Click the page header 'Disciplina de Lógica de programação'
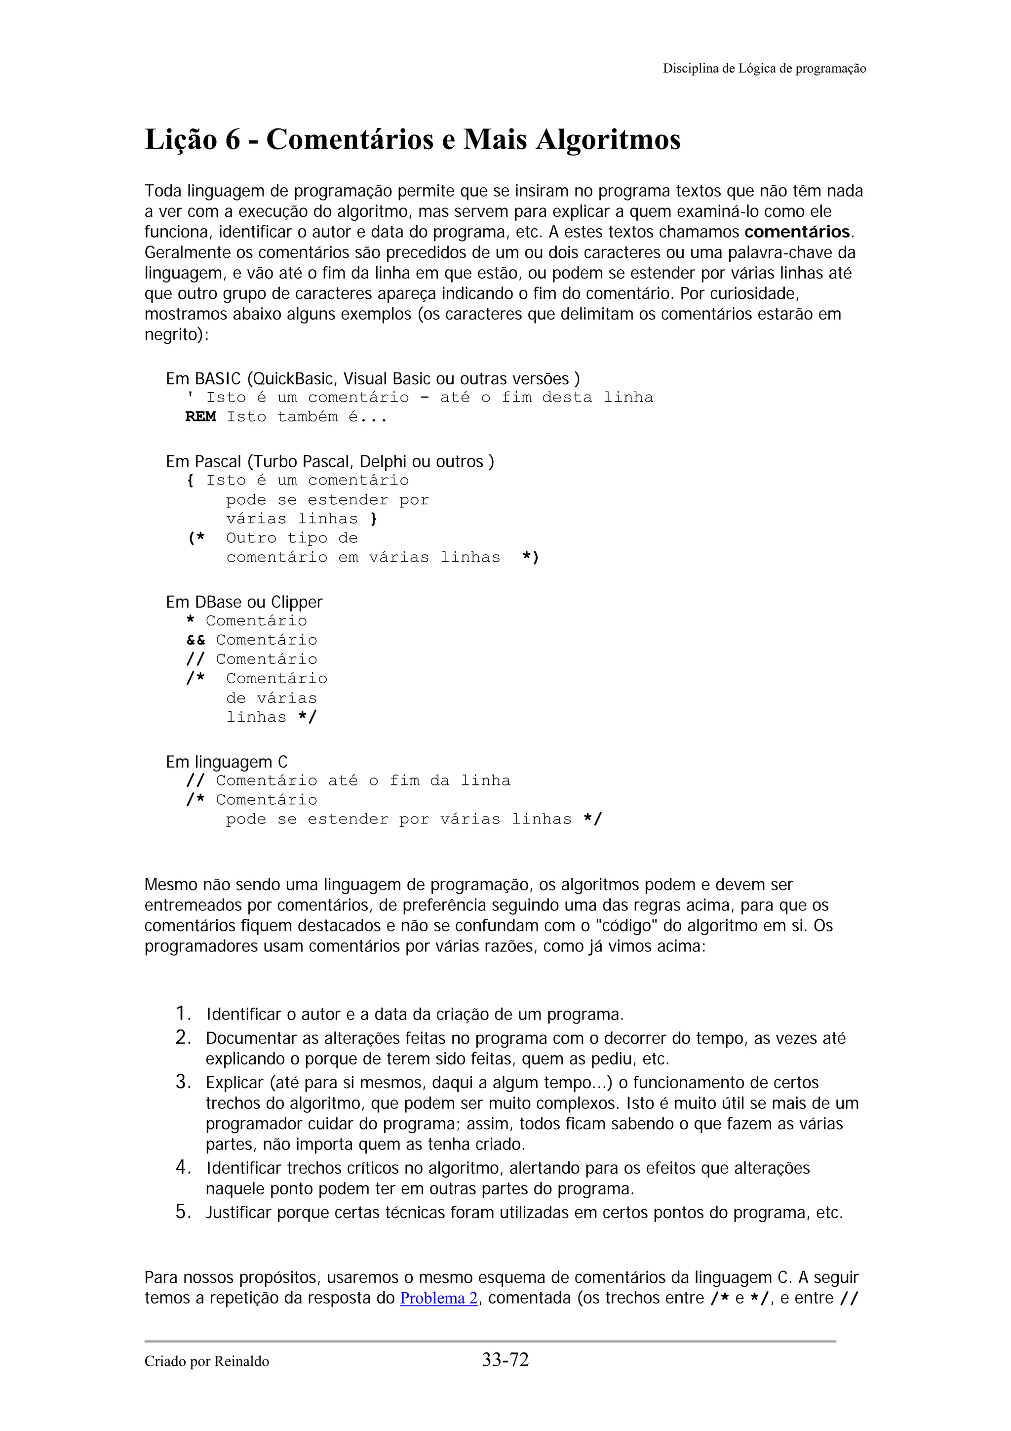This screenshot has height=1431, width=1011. pyautogui.click(x=764, y=69)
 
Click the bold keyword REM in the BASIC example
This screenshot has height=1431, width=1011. pyautogui.click(x=200, y=417)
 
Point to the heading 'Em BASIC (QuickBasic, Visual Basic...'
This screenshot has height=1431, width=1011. pyautogui.click(x=373, y=379)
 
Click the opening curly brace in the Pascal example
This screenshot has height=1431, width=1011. pyautogui.click(x=190, y=481)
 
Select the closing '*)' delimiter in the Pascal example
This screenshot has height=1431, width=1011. pyautogui.click(x=530, y=557)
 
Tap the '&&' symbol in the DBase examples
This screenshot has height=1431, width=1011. pyautogui.click(x=195, y=640)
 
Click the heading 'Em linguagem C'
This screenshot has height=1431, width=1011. pyautogui.click(x=227, y=762)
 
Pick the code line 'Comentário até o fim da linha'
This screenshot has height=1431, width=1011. pyautogui.click(x=362, y=781)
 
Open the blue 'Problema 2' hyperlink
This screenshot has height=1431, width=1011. pyautogui.click(x=438, y=1298)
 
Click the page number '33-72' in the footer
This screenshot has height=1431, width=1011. pyautogui.click(x=505, y=1359)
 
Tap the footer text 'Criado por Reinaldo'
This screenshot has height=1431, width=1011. pyautogui.click(x=207, y=1362)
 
